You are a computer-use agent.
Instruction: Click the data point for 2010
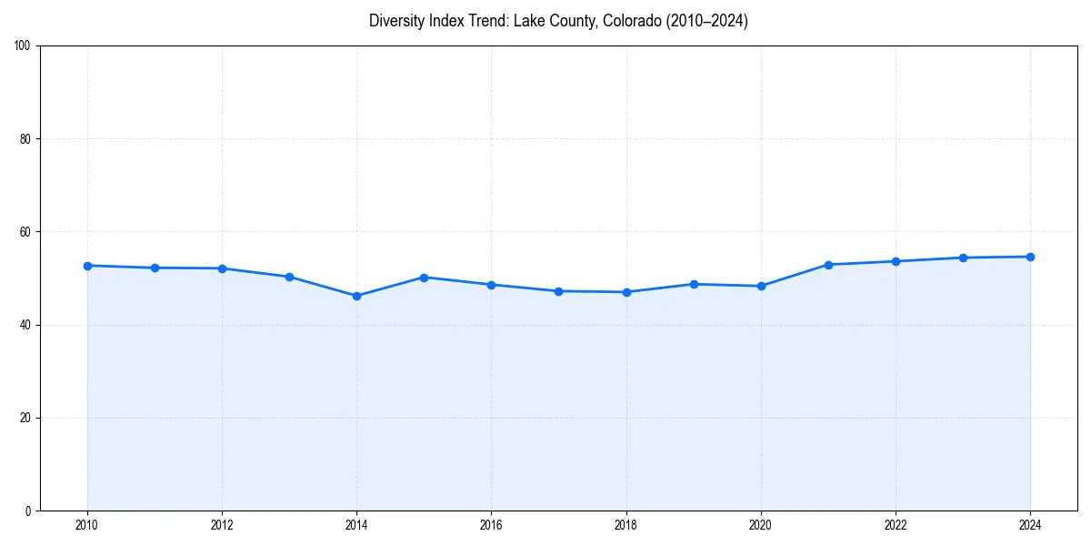pos(87,266)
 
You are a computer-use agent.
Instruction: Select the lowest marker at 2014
pos(356,296)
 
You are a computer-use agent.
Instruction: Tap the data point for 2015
pos(424,277)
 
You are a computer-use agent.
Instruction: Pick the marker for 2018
pos(626,292)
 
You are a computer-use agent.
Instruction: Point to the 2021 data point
pos(828,265)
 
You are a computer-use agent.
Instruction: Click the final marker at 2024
pos(1030,257)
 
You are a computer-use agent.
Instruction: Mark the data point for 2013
pos(289,277)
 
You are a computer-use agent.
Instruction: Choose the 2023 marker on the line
pos(963,258)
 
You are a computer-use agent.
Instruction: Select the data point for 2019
pos(694,284)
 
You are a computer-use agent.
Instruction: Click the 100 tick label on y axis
pos(23,46)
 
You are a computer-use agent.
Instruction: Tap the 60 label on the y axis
pos(25,232)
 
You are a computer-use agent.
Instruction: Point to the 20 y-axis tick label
pos(25,418)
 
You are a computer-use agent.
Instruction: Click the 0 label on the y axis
pos(28,511)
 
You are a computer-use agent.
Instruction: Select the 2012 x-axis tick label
pos(222,525)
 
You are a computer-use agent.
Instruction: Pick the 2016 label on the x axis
pos(491,525)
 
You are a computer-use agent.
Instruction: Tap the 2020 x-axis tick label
pos(761,525)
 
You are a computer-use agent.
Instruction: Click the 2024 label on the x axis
pos(1030,525)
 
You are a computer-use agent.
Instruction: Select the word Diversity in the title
pos(398,21)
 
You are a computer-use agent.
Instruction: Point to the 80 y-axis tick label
pos(25,139)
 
